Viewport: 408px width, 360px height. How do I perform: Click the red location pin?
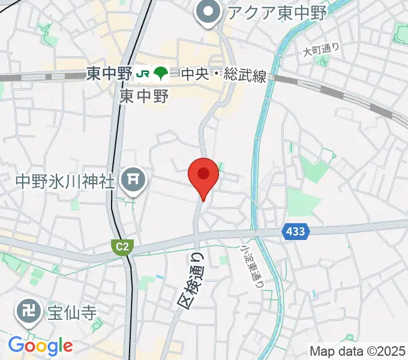coord(203,176)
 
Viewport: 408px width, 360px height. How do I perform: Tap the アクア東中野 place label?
coord(276,11)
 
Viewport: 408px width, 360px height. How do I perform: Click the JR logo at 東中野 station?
coord(143,74)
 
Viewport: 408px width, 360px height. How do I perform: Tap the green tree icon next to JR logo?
coord(160,74)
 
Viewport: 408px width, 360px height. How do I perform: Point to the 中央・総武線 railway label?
coord(224,75)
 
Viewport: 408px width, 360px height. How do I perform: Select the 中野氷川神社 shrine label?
coord(65,180)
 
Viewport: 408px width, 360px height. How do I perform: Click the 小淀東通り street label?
coord(253,264)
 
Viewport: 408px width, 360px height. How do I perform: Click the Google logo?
coord(40,346)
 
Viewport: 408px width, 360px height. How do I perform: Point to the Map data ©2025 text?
coord(358,351)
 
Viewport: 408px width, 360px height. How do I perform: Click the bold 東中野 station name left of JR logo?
coord(109,74)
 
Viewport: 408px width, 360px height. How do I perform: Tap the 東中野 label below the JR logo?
coord(144,95)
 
